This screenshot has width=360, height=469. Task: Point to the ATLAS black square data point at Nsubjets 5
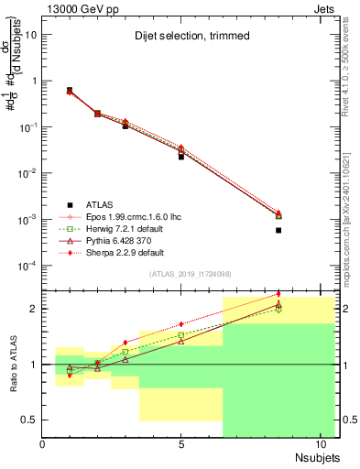[181, 157]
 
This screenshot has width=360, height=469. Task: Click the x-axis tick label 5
[181, 445]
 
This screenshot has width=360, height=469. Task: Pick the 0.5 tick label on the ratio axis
[30, 420]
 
